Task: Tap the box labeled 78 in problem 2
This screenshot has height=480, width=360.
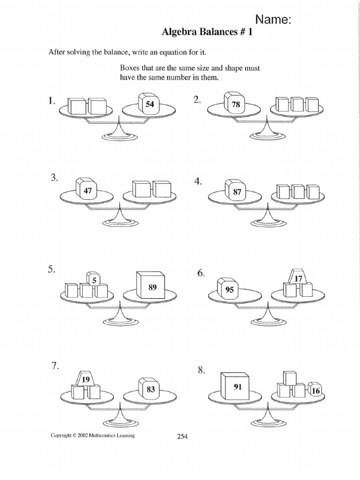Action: (x=234, y=105)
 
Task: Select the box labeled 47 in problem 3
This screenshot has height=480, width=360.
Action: (x=87, y=190)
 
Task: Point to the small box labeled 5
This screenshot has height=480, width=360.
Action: (x=93, y=280)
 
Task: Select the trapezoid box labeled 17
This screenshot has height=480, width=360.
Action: (x=299, y=278)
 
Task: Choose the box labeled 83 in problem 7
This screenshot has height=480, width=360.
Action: (x=150, y=389)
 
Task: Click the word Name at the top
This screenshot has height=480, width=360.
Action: (x=273, y=19)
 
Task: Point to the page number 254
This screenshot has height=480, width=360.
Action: (x=182, y=437)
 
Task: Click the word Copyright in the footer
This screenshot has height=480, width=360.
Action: (x=62, y=435)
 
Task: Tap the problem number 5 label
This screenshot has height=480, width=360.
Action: (x=51, y=270)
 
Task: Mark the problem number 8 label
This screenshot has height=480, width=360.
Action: (x=201, y=371)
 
